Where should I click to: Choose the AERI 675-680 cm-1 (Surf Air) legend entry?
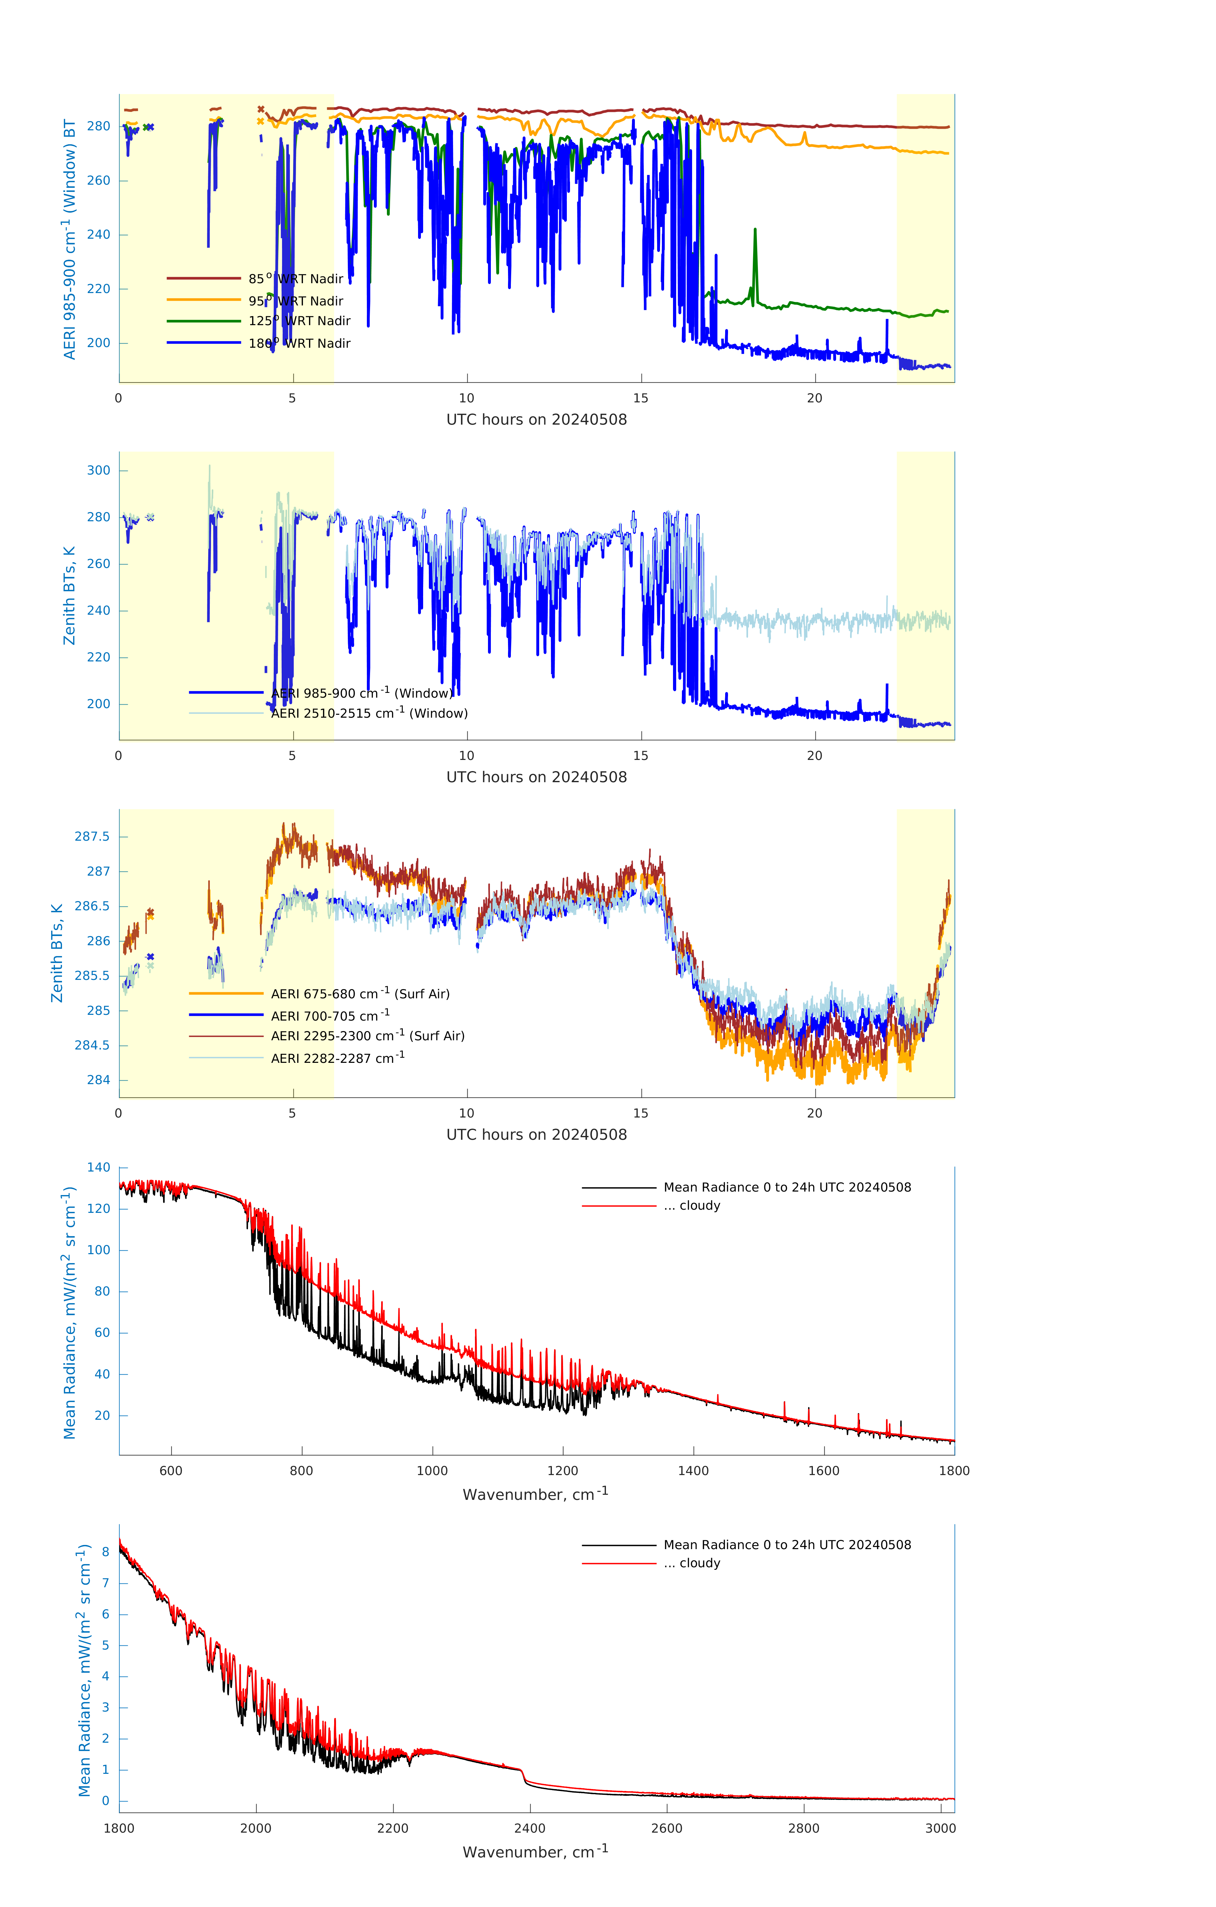(360, 994)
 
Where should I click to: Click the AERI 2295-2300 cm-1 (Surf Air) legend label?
(367, 1036)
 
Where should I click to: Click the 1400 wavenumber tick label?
(693, 1471)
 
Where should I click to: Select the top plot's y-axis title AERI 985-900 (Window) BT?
(70, 239)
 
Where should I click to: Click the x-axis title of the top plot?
(536, 420)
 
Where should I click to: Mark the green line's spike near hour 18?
(755, 230)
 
